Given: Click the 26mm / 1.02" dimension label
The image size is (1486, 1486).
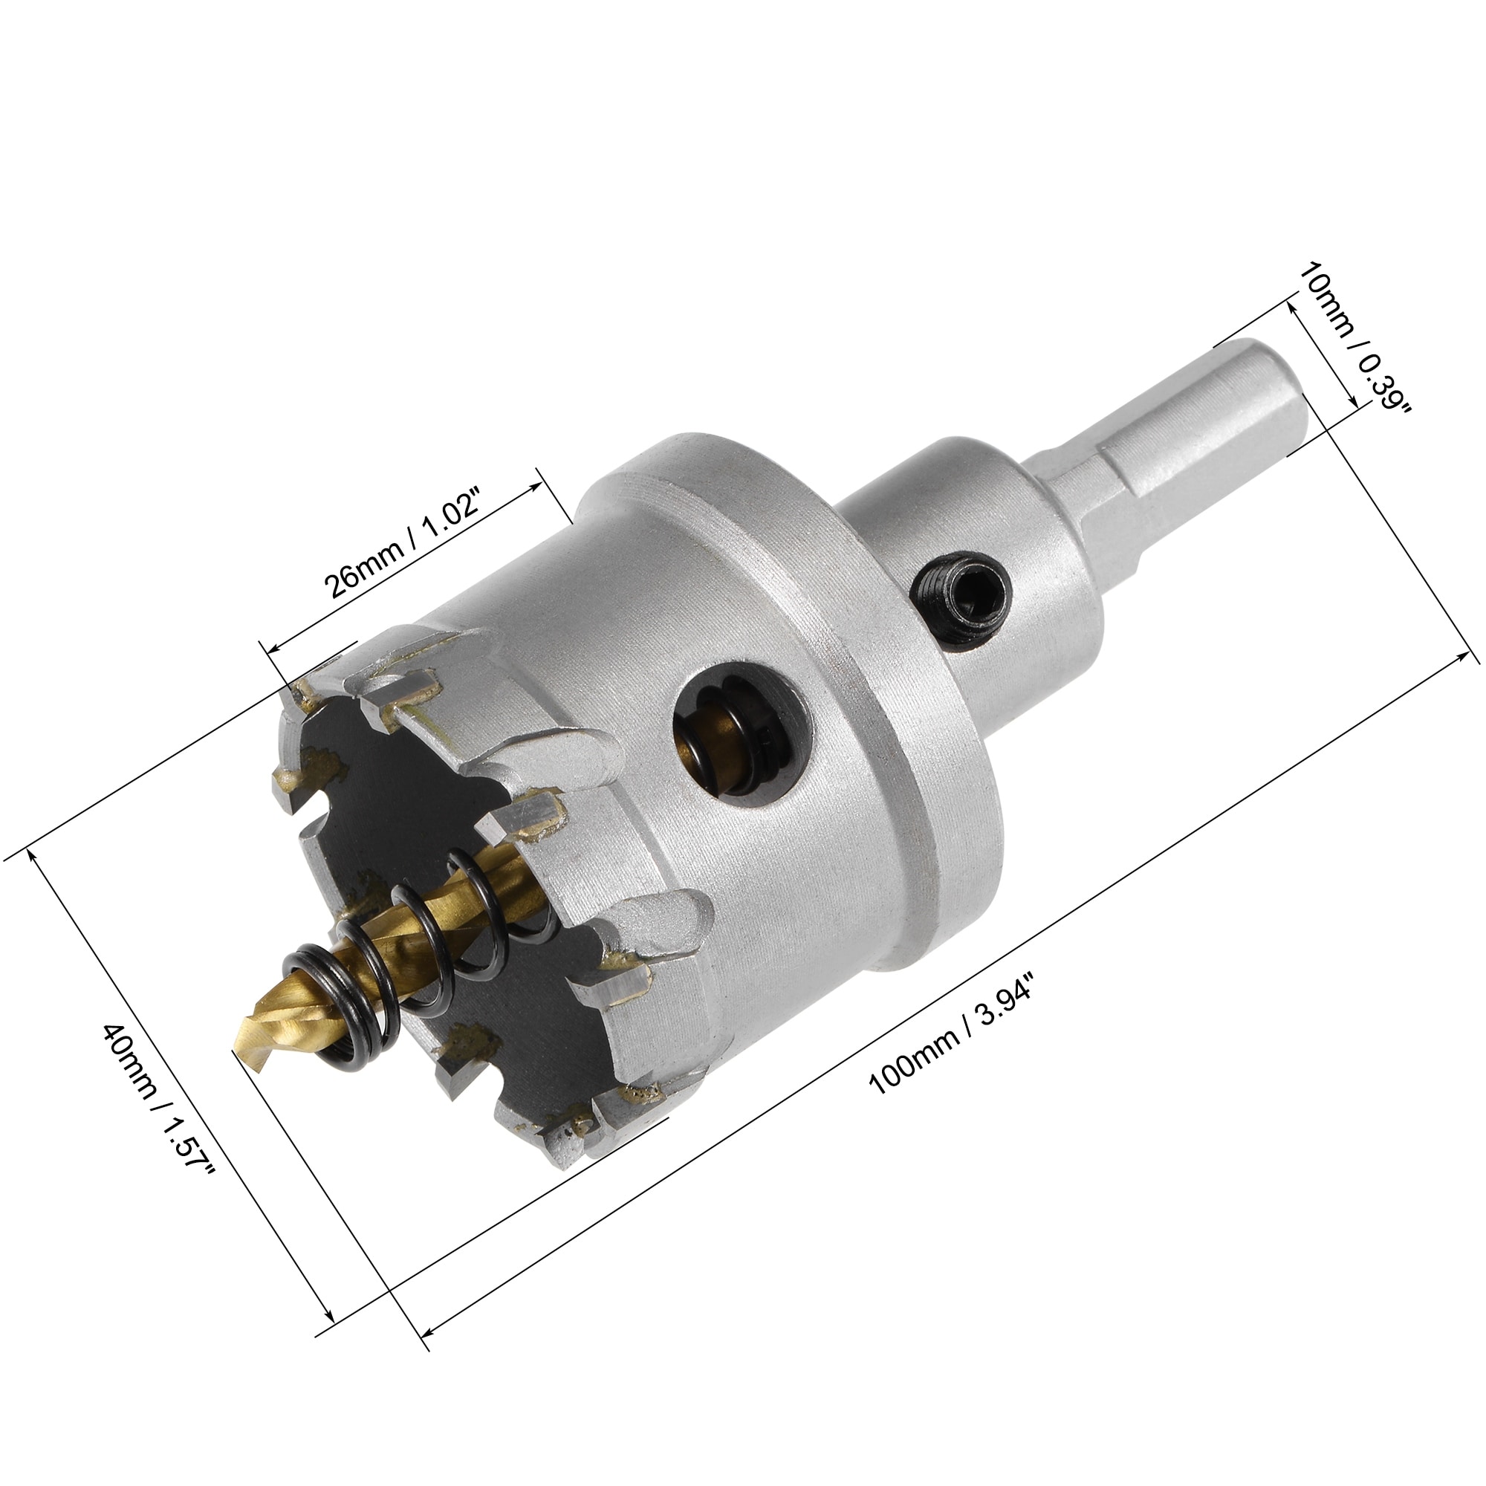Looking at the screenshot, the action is click(405, 545).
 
